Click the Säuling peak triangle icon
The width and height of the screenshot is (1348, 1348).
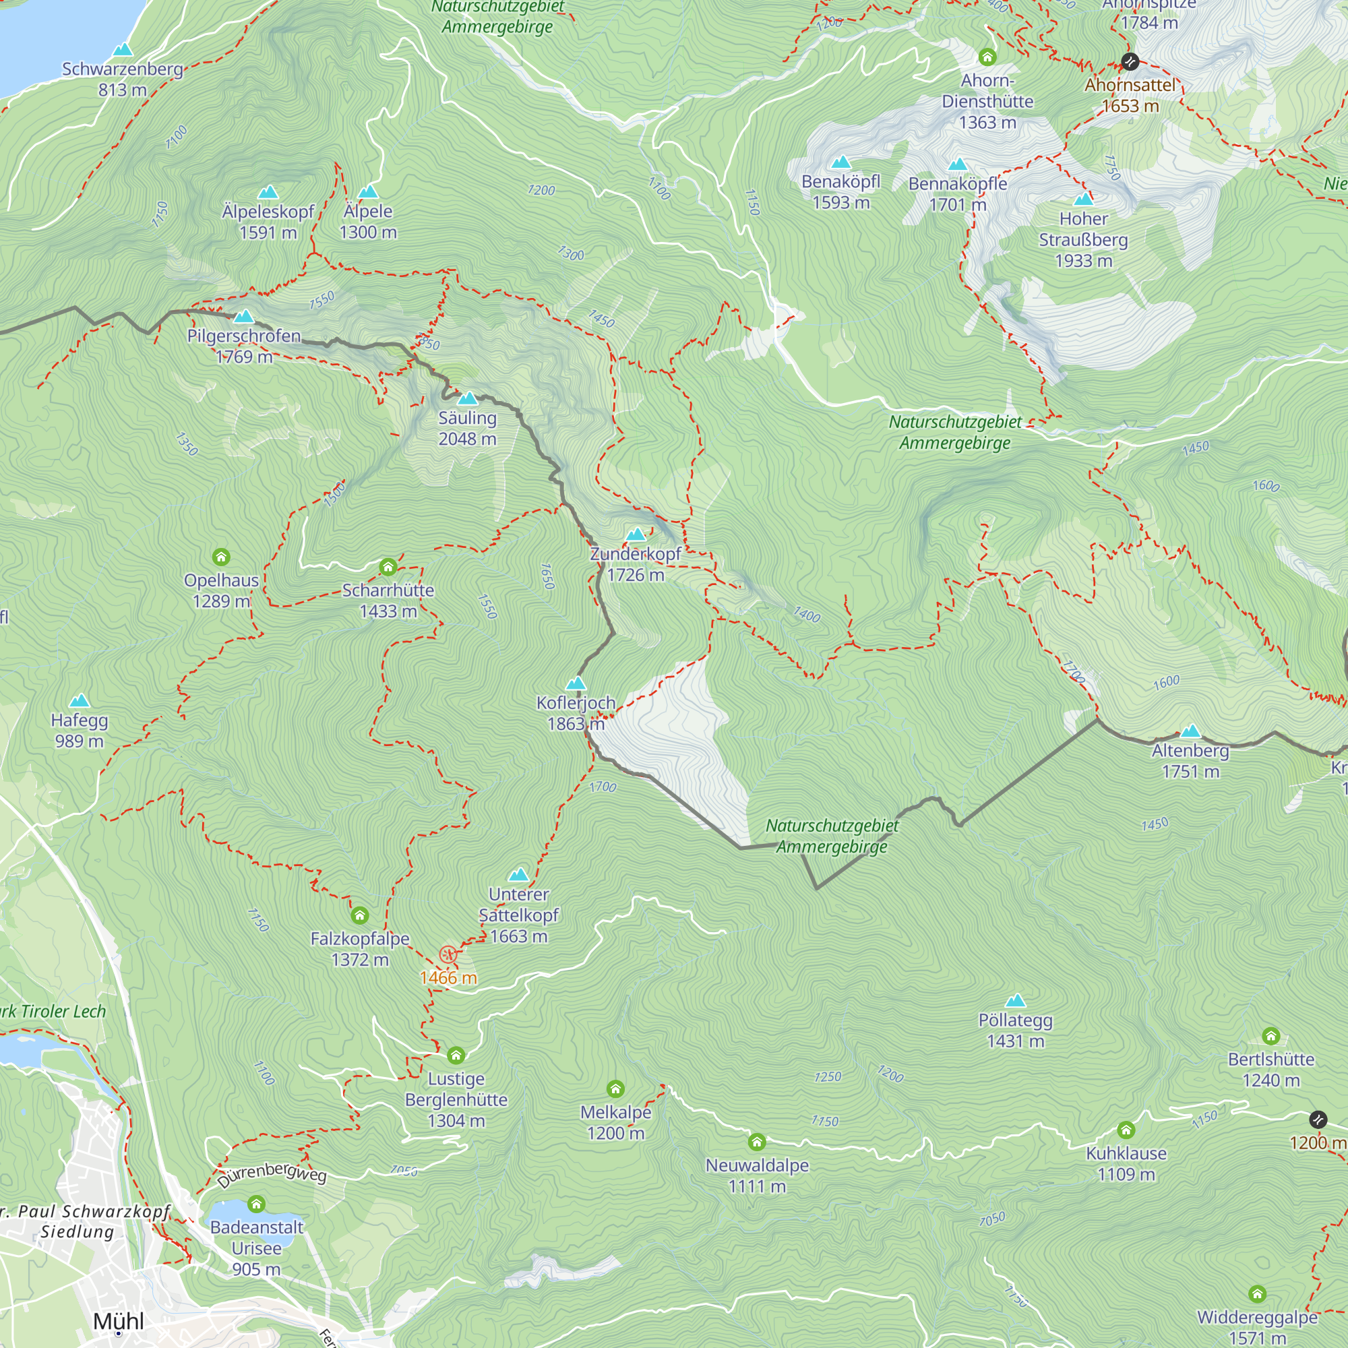pos(468,399)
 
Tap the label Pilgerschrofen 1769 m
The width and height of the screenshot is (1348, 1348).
pos(244,346)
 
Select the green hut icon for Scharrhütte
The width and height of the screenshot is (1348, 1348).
pos(388,567)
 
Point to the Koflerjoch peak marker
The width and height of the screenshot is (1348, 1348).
pos(576,683)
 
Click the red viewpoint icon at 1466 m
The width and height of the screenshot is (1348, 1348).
pos(448,954)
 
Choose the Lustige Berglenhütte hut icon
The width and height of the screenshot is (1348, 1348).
pos(456,1055)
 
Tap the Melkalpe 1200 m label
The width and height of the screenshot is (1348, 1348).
pos(615,1123)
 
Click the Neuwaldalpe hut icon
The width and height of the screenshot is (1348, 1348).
pos(757,1142)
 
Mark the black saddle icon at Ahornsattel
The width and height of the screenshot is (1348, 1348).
pos(1130,62)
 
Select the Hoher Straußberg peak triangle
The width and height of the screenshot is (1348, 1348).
pos(1084,199)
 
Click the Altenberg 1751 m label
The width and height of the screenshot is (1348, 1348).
pos(1190,761)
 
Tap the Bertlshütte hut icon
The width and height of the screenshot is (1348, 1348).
pos(1271,1035)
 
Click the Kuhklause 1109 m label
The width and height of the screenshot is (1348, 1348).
pos(1126,1164)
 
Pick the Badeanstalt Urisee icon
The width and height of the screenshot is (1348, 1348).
pos(257,1204)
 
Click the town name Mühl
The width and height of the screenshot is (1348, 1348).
pos(119,1321)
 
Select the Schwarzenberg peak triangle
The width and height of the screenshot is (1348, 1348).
pos(123,49)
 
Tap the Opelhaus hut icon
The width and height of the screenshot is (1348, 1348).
pos(221,557)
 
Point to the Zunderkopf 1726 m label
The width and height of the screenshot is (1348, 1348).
pos(636,563)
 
